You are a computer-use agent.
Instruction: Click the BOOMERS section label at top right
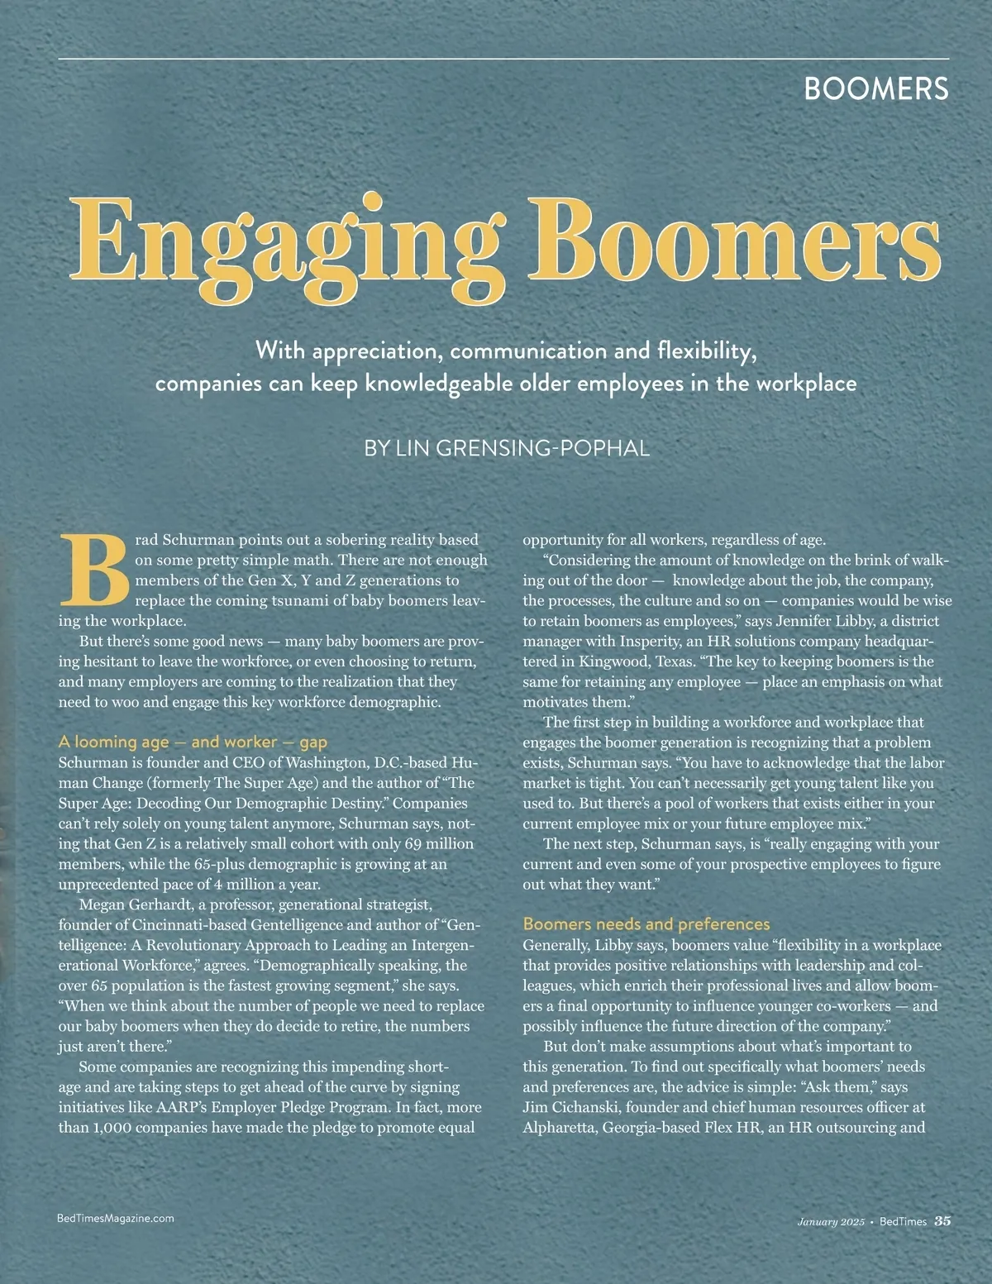coord(876,88)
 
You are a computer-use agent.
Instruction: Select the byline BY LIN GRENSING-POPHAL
coord(507,448)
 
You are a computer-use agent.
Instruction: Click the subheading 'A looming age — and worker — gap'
coord(193,742)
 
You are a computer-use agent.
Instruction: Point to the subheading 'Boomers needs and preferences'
coord(646,924)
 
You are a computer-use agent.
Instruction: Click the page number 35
coord(942,1220)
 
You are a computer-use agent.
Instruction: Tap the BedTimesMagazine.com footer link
coord(117,1218)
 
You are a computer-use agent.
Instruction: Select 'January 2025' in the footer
coord(831,1221)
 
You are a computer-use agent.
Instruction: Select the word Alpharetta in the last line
coord(560,1128)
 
